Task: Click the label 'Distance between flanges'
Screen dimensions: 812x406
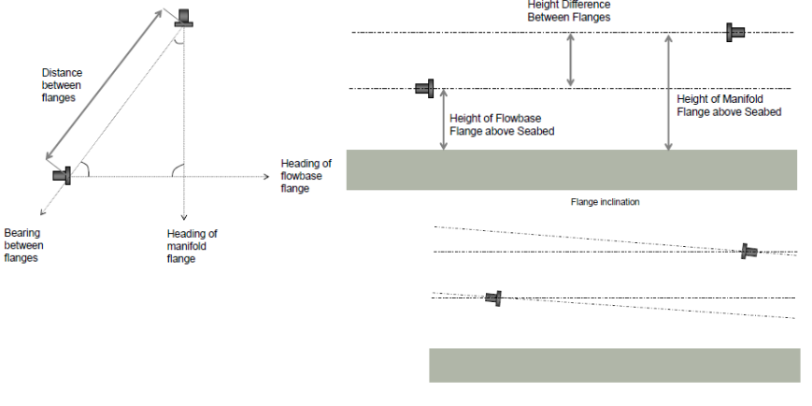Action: (x=63, y=85)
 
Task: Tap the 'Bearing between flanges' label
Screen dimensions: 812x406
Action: (x=23, y=245)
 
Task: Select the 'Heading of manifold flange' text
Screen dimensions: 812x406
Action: (x=192, y=246)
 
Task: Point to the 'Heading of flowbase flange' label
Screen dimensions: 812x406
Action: (x=306, y=176)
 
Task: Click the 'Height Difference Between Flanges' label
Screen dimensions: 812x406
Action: (x=569, y=11)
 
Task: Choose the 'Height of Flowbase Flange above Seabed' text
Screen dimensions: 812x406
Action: (x=502, y=125)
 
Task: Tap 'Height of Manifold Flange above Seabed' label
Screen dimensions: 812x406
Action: (x=729, y=106)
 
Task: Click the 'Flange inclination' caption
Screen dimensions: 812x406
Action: (x=605, y=202)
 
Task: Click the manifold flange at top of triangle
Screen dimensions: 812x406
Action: (x=184, y=18)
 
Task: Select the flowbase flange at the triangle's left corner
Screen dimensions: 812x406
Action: (x=63, y=175)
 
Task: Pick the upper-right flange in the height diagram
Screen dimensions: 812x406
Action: (x=735, y=32)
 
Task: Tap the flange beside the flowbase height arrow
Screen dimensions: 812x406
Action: (x=424, y=88)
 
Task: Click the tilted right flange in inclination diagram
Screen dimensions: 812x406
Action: (x=749, y=252)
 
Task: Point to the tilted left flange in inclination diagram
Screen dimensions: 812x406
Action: (x=493, y=298)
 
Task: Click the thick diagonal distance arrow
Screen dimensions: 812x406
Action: (x=104, y=85)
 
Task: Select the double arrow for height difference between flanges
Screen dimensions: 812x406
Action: (x=570, y=60)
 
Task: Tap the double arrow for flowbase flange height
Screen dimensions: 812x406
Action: (x=443, y=119)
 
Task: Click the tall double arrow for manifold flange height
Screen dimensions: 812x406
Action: (x=668, y=93)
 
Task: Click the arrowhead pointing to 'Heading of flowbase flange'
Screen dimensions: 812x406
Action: (x=266, y=176)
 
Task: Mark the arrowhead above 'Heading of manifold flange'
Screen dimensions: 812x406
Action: (x=183, y=217)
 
